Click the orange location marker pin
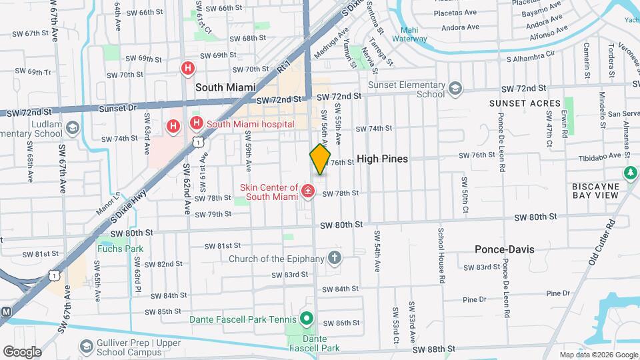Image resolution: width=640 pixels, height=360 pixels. coord(320,159)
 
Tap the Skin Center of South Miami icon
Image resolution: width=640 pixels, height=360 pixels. coord(308,192)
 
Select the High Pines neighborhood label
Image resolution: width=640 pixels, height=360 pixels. coord(382,159)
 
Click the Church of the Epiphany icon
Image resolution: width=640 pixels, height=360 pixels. coord(335,259)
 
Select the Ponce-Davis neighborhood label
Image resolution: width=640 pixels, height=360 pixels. coord(504,249)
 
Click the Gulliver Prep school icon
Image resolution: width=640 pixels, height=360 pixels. coord(86,346)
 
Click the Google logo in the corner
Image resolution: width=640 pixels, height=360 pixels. coord(22,352)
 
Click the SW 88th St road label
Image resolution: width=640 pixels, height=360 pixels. coord(433,349)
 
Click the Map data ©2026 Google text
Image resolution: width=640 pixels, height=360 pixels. coord(597,355)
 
